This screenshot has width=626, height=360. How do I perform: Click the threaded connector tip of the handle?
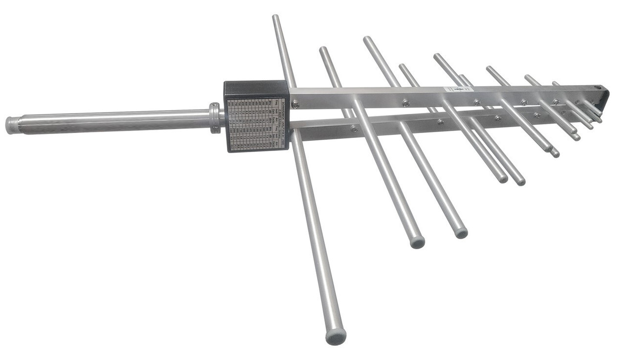[12, 125]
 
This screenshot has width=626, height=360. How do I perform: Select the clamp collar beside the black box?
[214, 118]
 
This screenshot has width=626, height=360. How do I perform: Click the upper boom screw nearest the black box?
[295, 104]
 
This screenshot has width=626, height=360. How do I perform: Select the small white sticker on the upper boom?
[458, 90]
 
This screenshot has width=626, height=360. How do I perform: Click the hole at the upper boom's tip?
[598, 88]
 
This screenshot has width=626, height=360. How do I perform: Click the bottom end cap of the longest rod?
[336, 337]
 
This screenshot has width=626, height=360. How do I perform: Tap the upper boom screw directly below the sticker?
[476, 102]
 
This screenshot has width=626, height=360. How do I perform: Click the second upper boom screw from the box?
[405, 103]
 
